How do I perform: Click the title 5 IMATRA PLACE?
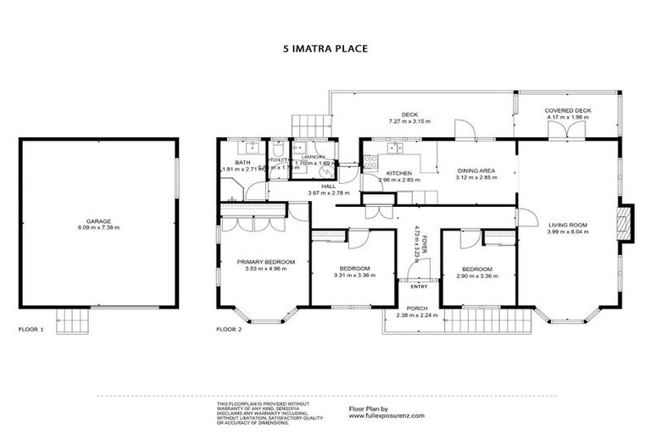point(325,49)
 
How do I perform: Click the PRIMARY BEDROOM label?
point(265,263)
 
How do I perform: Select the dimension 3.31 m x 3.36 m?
point(352,275)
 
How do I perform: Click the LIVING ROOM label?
point(567,224)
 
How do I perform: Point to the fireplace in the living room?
point(626,222)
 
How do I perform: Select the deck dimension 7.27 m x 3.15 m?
point(410,121)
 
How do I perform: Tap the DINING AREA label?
point(476,170)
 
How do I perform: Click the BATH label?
point(242,163)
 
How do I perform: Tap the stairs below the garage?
point(73,322)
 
